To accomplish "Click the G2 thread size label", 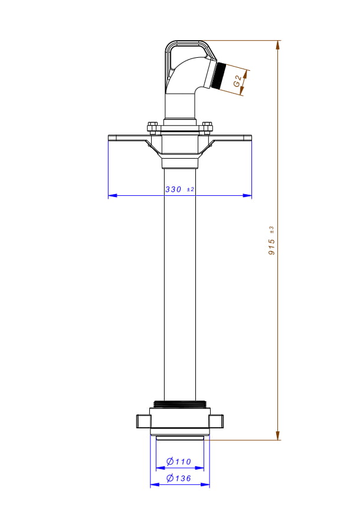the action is [238, 81].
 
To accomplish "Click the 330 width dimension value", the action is [173, 189].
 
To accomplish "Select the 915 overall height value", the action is [272, 247].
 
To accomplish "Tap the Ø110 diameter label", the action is [179, 461].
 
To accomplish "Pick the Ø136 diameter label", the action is [179, 478].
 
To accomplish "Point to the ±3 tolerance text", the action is [271, 230].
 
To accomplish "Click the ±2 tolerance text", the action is [191, 189].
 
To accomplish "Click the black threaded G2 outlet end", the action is [221, 76].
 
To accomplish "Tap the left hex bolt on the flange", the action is [152, 127].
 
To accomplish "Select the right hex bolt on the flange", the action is [207, 127].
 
